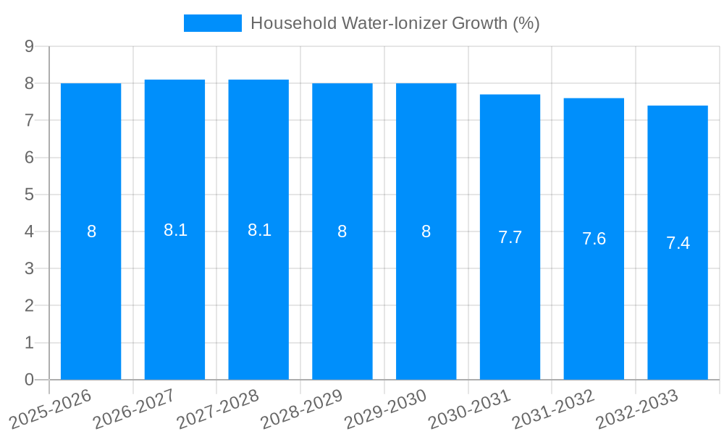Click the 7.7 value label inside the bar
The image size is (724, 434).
tap(510, 237)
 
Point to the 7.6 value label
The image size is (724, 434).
tap(594, 239)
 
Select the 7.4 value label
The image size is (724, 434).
tap(678, 243)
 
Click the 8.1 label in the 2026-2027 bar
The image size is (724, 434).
tap(175, 230)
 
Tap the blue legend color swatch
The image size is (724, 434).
tap(212, 23)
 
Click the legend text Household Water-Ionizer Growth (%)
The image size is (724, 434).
tap(395, 23)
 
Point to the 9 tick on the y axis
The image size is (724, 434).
tap(29, 46)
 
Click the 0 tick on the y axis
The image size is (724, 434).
tap(29, 380)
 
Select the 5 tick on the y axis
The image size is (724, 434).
tap(29, 195)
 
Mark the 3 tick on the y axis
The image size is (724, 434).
tap(29, 268)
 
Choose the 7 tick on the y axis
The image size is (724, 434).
tap(29, 120)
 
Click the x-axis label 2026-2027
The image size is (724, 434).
tap(135, 409)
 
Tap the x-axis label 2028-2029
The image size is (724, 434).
tap(303, 409)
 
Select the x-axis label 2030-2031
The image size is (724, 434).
tap(470, 409)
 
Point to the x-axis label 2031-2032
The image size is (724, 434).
tap(554, 409)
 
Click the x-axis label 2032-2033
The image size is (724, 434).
tap(638, 409)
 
